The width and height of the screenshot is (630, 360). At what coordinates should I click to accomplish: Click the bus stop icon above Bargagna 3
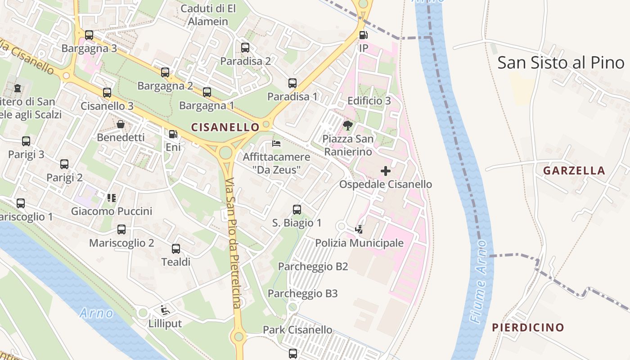pos(89,35)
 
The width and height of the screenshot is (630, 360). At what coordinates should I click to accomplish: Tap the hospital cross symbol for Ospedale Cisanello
pos(386,171)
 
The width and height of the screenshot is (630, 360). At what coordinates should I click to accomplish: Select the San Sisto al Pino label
pos(561,63)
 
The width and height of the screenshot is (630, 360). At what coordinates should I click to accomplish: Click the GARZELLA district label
pos(574,171)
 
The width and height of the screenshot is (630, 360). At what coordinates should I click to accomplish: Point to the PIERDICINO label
pos(528,327)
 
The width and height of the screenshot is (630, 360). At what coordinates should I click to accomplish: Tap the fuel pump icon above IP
pos(363,35)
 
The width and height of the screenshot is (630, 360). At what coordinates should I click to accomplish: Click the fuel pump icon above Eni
pos(173,134)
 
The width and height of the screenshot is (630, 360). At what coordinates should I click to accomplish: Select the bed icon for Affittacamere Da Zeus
pos(276,144)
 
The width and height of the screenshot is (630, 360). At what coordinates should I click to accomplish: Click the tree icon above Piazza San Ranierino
pos(347,125)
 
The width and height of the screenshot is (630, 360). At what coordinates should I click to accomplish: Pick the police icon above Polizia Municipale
pos(359,229)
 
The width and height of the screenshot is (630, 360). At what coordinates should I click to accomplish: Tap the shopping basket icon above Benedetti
pos(121,124)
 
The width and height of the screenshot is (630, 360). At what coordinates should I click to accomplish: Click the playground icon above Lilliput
pos(165,310)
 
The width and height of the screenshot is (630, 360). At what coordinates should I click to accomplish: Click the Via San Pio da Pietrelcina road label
pos(234,243)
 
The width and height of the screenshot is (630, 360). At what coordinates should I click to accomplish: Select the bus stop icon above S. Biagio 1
pos(297,209)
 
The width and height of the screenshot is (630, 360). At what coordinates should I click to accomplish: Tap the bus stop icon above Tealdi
pos(176,249)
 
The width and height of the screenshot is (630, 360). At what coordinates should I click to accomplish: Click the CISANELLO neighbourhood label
pos(225,127)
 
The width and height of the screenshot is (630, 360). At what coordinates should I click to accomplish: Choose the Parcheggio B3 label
pos(302,294)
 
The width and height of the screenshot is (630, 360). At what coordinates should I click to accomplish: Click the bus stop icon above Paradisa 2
pos(245,48)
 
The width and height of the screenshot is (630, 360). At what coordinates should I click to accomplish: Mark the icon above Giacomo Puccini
pos(112,198)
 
